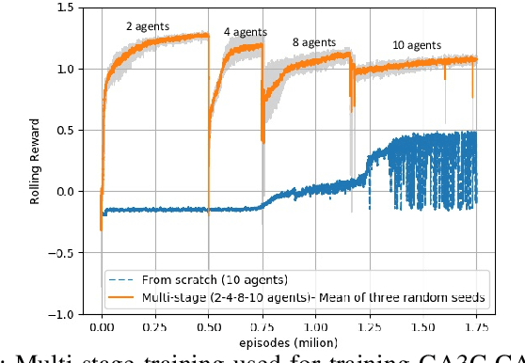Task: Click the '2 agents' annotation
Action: (x=148, y=26)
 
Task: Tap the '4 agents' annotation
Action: (x=242, y=32)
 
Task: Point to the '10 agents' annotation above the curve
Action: (x=416, y=44)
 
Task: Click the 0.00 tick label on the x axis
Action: (x=102, y=329)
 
